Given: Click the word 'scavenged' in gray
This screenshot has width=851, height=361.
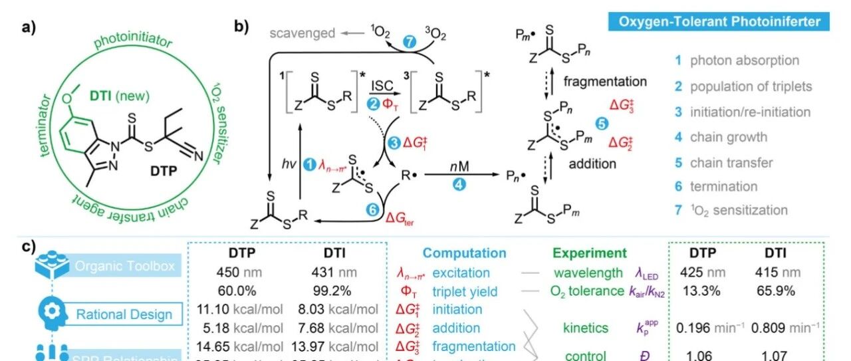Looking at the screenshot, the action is coord(303,33).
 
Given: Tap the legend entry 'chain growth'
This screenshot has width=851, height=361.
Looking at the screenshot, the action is coord(719,137).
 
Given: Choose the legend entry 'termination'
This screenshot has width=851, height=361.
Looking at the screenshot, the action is coord(715,186).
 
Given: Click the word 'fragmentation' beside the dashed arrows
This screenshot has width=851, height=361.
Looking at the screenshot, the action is coord(606,82).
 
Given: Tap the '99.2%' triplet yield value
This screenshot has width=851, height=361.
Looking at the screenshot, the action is coord(332,291).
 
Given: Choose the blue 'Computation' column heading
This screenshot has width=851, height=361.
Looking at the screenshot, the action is coord(464,253).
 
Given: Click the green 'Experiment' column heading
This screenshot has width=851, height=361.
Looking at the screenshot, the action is coord(590,253).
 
